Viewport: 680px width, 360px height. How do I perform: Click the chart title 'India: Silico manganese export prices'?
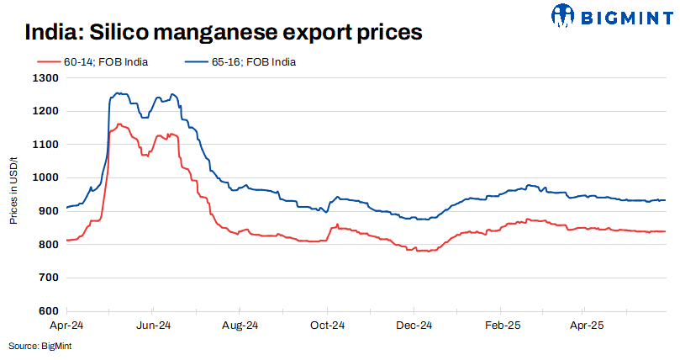(x=222, y=34)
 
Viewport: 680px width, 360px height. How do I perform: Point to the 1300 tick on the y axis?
(x=47, y=78)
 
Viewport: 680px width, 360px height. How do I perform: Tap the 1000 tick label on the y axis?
(x=47, y=178)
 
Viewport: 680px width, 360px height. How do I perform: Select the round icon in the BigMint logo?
(x=565, y=14)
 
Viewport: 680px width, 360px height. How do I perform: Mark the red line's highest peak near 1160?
(x=120, y=124)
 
